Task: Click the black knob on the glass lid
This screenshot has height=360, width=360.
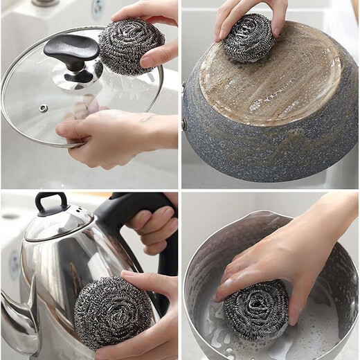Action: click(x=71, y=53)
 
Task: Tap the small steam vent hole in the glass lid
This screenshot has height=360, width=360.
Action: click(x=44, y=109)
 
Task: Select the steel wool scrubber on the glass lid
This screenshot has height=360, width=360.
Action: click(x=130, y=46)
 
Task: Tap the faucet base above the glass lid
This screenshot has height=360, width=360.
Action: click(x=46, y=3)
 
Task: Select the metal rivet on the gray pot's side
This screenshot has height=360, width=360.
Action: click(x=184, y=124)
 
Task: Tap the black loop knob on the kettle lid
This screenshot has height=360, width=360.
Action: click(x=49, y=202)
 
